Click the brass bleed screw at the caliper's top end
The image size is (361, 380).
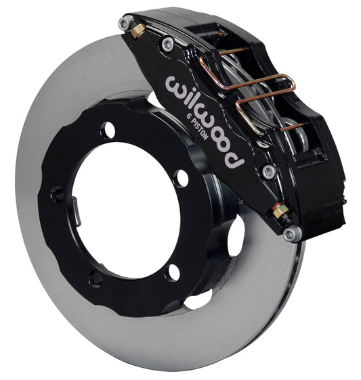(x=137, y=30)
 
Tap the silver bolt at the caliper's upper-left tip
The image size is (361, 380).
(x=125, y=23)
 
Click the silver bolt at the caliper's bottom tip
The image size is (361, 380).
(x=291, y=234)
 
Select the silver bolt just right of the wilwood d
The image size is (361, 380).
(x=270, y=172)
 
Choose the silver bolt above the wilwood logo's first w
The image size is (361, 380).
(x=168, y=45)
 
